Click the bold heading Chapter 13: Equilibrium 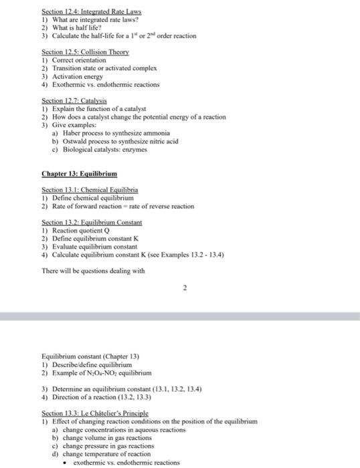pos(79,174)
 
